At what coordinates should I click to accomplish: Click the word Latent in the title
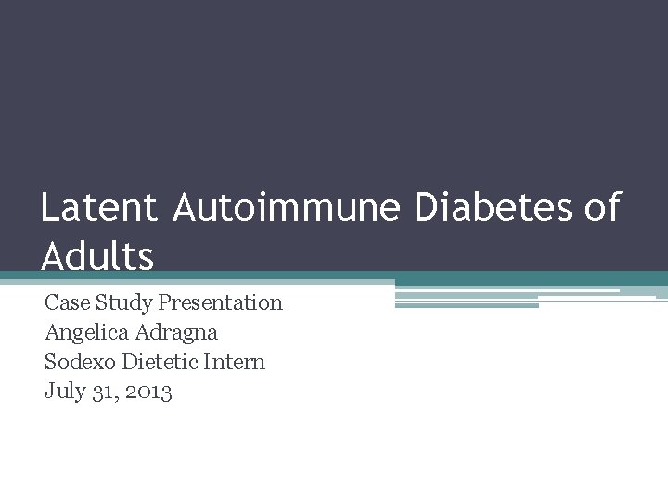coord(98,208)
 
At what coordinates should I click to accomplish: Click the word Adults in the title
coord(97,256)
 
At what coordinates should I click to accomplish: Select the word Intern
coord(236,362)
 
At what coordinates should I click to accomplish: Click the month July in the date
coord(63,392)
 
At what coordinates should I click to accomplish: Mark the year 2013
coord(147,392)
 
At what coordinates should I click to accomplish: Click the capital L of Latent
coord(50,208)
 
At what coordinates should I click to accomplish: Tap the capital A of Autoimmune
coord(186,208)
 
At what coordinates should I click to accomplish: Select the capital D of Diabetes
coord(426,208)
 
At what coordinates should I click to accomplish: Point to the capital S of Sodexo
coord(50,362)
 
